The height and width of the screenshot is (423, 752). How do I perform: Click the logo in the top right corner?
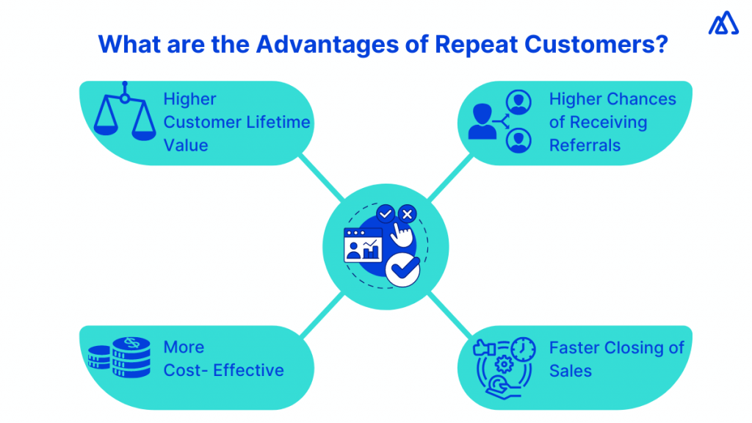pos(723,23)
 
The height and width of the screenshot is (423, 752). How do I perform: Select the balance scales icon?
pos(125,114)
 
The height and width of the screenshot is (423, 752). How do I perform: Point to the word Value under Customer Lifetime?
pos(186,145)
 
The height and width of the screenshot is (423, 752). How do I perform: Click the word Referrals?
pos(585,145)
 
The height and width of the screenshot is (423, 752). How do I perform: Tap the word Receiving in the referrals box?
pos(609,122)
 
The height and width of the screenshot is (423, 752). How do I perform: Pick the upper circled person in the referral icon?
pos(519,101)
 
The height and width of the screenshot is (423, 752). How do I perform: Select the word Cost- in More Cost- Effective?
pos(184,370)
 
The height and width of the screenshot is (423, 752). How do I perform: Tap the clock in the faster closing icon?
pos(523,349)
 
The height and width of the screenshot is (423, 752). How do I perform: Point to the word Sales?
pos(570,370)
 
